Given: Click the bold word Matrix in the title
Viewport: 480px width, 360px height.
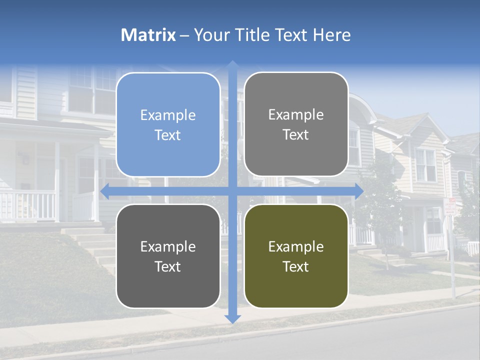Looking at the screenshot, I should click(148, 35).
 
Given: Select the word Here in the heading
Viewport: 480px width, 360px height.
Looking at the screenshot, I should click(331, 35).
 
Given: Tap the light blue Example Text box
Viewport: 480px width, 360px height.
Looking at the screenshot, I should click(168, 124).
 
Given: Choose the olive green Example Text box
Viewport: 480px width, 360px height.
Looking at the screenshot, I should click(296, 256).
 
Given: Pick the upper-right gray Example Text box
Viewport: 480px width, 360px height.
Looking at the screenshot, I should click(296, 124).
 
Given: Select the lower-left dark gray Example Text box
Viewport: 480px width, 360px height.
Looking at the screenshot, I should click(168, 256).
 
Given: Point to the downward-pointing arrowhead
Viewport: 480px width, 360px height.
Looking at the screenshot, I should click(232, 318).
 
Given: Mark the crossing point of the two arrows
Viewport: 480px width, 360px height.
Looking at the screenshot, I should click(232, 191).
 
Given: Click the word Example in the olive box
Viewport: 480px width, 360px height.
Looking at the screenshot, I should click(296, 246).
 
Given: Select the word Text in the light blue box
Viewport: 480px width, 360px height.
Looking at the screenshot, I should click(168, 135).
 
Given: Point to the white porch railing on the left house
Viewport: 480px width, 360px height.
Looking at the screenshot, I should click(27, 205).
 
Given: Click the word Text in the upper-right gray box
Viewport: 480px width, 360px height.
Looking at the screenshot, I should click(296, 135).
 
